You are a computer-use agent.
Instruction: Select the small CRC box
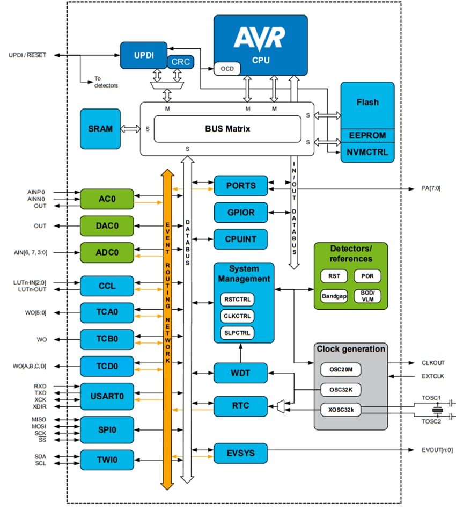pyautogui.click(x=181, y=62)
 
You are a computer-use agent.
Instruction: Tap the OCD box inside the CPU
pyautogui.click(x=227, y=69)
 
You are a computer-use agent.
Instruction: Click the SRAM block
pyautogui.click(x=100, y=129)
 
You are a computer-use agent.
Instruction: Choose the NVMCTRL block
pyautogui.click(x=367, y=152)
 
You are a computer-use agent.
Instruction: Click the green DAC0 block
pyautogui.click(x=107, y=226)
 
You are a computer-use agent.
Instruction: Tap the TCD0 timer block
pyautogui.click(x=107, y=366)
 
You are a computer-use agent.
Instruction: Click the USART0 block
pyautogui.click(x=107, y=397)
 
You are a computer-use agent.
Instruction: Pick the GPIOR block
pyautogui.click(x=240, y=213)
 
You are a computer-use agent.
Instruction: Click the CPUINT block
pyautogui.click(x=240, y=239)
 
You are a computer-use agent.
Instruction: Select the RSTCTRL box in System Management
pyautogui.click(x=237, y=299)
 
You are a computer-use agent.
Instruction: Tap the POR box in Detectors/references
pyautogui.click(x=367, y=276)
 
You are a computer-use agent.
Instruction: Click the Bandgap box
pyautogui.click(x=334, y=296)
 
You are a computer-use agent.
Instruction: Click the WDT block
pyautogui.click(x=240, y=373)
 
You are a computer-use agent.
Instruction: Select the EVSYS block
pyautogui.click(x=240, y=453)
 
